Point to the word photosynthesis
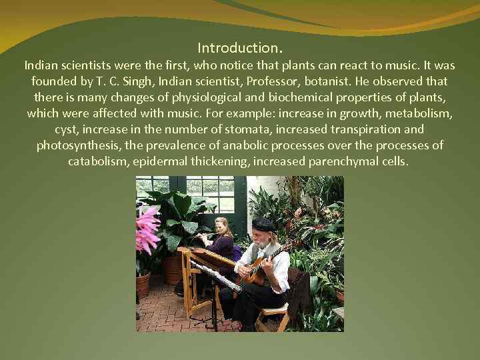[76, 145]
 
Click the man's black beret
[263, 223]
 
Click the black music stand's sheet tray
[213, 275]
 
